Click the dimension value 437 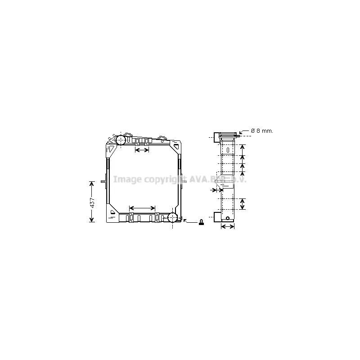click(x=92, y=202)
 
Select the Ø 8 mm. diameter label click(x=262, y=130)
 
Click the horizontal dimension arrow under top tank click(x=142, y=150)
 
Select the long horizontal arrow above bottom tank click(x=142, y=208)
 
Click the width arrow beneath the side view click(x=228, y=226)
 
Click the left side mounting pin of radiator click(x=104, y=181)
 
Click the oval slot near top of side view click(x=228, y=149)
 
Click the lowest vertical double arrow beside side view click(x=242, y=203)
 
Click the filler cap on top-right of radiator click(x=162, y=137)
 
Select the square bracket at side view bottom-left click(x=216, y=216)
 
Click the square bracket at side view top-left click(x=216, y=137)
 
